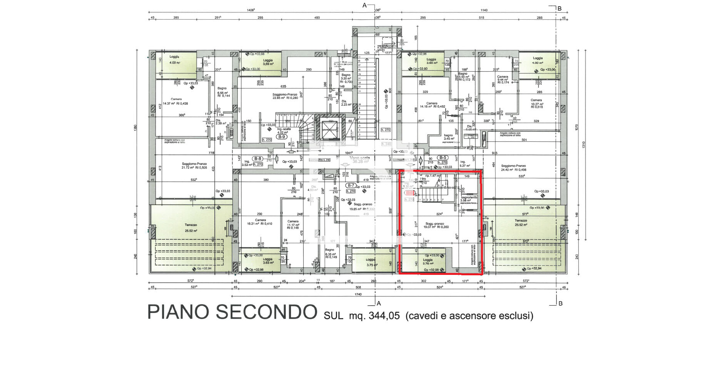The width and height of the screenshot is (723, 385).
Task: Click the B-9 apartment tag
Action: (282, 137)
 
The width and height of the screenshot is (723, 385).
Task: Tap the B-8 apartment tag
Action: (257, 159)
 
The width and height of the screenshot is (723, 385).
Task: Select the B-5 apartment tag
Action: (442, 157)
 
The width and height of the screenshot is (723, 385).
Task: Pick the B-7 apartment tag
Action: (351, 186)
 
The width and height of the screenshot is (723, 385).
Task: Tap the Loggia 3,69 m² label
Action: (268, 62)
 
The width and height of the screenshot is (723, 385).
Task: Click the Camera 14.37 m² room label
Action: (175, 101)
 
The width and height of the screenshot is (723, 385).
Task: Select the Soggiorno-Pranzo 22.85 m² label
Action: (285, 96)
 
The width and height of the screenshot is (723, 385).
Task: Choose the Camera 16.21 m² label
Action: (260, 222)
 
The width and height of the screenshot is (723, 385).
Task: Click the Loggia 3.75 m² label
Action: (371, 262)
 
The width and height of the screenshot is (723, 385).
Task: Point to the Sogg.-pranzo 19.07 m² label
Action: (435, 225)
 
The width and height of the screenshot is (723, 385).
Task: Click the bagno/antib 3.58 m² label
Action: (469, 199)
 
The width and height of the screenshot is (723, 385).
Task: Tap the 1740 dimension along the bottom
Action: (358, 295)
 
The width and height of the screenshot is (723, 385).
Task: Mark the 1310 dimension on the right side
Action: (583, 145)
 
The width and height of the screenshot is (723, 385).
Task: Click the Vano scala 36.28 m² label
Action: (360, 159)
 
